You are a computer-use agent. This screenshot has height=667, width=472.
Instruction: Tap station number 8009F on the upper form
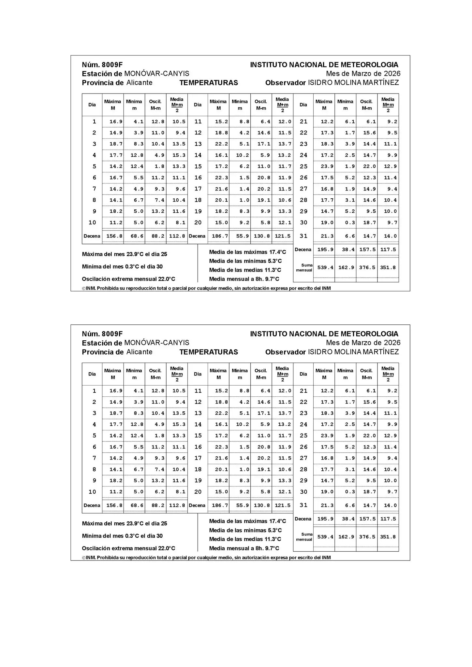(x=112, y=65)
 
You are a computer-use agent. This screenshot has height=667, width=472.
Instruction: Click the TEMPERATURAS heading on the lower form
(x=209, y=352)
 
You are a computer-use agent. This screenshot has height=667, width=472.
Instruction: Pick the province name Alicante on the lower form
(x=139, y=352)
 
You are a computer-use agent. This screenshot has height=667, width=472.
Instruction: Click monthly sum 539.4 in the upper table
(x=325, y=267)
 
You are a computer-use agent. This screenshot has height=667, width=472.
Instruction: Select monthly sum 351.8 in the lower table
(x=388, y=537)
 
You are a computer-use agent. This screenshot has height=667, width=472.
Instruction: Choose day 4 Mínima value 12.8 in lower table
(x=137, y=424)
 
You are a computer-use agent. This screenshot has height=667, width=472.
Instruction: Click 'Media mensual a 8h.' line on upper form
(x=244, y=279)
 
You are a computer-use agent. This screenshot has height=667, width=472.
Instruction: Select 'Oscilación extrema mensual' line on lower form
(x=128, y=548)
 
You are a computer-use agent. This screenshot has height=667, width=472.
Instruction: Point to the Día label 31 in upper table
(x=303, y=236)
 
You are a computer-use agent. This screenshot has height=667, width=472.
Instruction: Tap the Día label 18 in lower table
(x=198, y=469)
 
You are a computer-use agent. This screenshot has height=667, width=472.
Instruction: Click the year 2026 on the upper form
(x=392, y=74)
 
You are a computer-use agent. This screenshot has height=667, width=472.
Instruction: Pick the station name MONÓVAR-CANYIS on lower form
(x=156, y=343)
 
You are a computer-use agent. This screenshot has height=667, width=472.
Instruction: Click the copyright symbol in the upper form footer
(x=84, y=289)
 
